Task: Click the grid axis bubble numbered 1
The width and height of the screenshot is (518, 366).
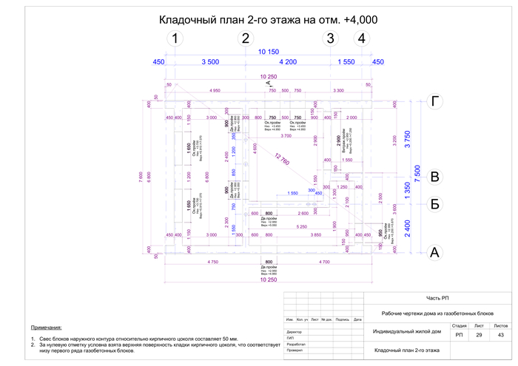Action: click(x=175, y=38)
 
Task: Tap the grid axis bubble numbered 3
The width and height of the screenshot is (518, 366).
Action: click(x=331, y=38)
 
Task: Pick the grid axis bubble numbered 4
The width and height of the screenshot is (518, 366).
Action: click(x=361, y=38)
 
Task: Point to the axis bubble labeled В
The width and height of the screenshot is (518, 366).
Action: click(x=436, y=177)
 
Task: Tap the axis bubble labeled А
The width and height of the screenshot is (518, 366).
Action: click(x=436, y=253)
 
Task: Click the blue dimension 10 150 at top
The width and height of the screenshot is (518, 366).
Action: click(x=268, y=52)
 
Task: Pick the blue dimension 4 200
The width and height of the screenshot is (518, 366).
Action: click(x=285, y=62)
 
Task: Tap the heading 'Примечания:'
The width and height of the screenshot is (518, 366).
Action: click(x=47, y=327)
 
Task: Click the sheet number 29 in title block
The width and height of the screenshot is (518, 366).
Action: click(x=480, y=336)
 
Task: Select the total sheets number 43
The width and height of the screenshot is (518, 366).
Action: click(x=501, y=336)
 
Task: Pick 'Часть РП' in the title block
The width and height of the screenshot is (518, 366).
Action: click(x=437, y=298)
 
